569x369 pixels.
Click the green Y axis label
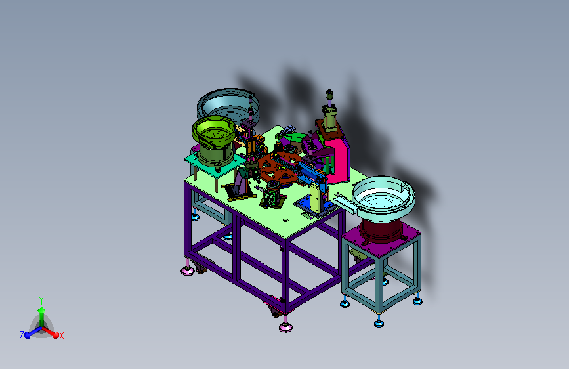coord(41,301)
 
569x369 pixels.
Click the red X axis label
coord(61,336)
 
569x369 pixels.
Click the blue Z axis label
coord(22,336)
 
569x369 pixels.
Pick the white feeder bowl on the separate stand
coord(384,197)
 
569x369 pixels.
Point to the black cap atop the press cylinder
coord(329,94)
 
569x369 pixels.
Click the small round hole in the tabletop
coord(285,220)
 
